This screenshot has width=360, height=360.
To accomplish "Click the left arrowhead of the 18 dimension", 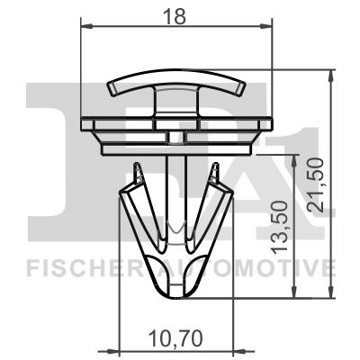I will (x=86, y=28).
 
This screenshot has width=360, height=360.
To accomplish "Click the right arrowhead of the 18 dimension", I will (x=267, y=28).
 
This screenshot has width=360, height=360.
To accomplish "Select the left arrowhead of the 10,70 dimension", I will (x=124, y=351).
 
